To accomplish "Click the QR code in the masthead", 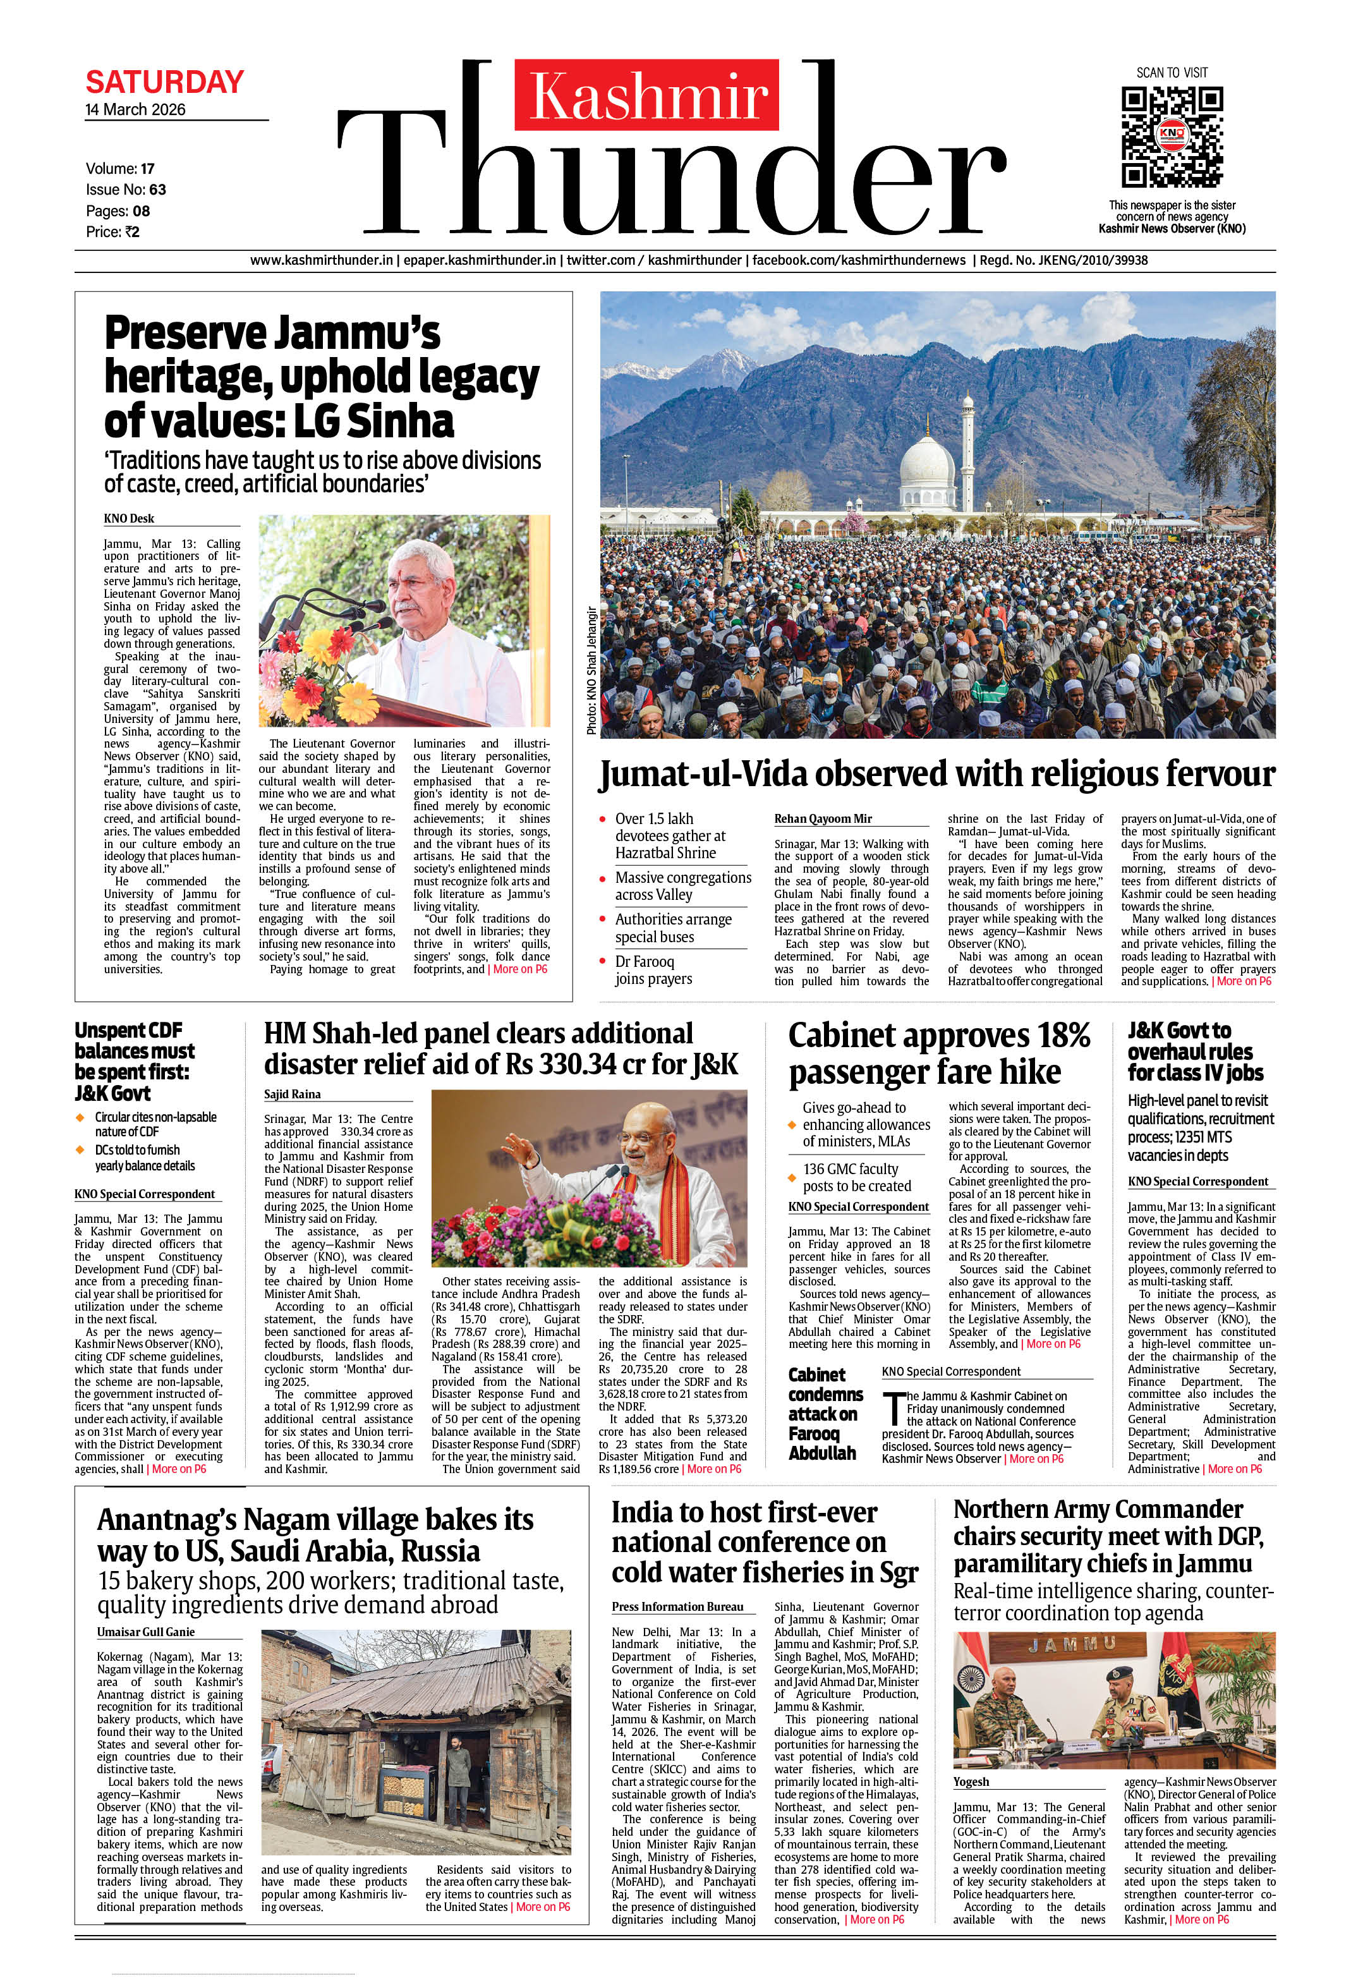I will (1172, 136).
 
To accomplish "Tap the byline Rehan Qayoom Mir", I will (822, 819).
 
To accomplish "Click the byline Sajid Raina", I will (292, 1095).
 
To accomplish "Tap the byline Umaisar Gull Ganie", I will (145, 1632).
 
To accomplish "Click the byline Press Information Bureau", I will (677, 1607).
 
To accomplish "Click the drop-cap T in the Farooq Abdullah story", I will (892, 1409).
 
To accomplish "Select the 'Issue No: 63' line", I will (126, 190).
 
